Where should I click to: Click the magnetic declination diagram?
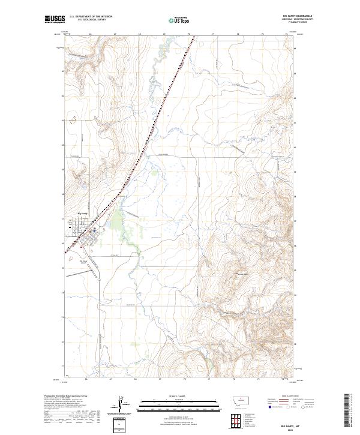[118, 405]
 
